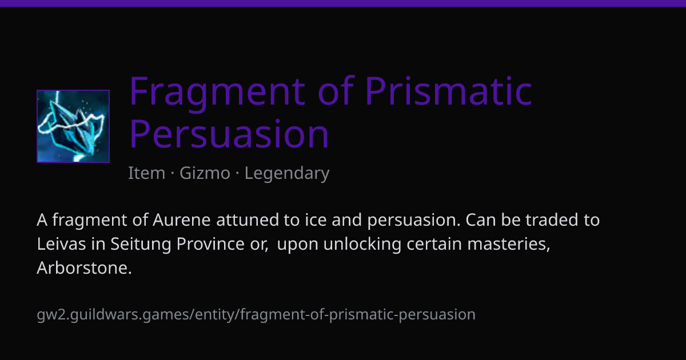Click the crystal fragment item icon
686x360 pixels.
(x=73, y=126)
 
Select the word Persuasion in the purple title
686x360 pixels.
(x=229, y=134)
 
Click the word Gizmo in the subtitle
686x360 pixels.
(x=205, y=173)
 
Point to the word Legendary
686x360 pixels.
(x=287, y=174)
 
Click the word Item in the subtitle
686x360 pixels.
(x=147, y=173)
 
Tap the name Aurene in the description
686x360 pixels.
(x=182, y=220)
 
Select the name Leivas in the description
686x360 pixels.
(x=61, y=244)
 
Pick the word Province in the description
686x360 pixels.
(x=210, y=244)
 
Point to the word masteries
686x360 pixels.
(x=509, y=244)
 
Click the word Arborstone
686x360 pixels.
(x=84, y=268)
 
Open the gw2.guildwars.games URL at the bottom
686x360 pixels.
(x=256, y=315)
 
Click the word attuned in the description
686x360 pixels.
(x=247, y=220)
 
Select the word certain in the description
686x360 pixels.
(x=434, y=244)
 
